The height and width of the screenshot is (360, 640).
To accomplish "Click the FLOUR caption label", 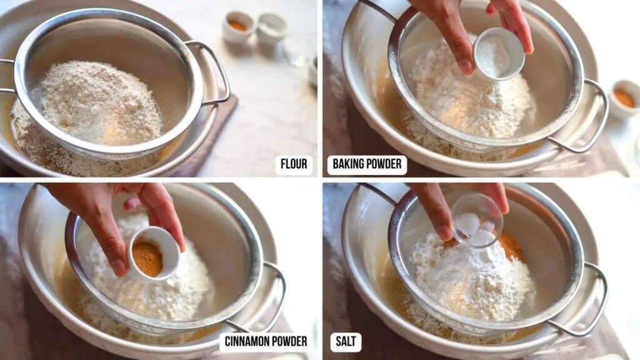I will coord(294,165).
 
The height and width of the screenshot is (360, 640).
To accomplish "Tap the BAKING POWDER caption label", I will coord(367,165).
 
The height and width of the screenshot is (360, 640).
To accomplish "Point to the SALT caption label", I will coord(346,341).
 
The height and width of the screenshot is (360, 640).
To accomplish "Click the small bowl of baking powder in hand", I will coord(499,53).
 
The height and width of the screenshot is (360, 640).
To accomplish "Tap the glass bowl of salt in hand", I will coord(476,220).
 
